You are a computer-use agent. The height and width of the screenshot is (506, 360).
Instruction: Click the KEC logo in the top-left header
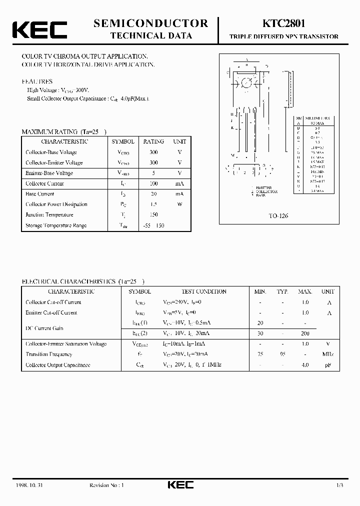coord(39,29)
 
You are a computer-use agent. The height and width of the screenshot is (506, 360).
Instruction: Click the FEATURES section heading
coord(37,81)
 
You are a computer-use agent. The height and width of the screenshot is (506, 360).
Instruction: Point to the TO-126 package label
coord(279,216)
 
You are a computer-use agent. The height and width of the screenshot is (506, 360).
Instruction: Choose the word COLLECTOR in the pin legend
coord(267,191)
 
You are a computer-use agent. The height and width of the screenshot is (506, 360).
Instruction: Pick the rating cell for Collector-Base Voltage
coord(153,152)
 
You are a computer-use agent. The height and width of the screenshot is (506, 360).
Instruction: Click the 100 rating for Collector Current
coord(153,183)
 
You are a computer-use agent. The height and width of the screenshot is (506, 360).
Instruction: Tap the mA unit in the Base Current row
coord(179,194)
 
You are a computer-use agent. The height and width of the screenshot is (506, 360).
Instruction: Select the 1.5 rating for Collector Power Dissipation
coord(153,204)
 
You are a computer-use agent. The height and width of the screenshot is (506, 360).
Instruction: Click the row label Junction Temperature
coord(49,215)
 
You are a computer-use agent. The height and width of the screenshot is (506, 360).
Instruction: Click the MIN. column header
coord(260,291)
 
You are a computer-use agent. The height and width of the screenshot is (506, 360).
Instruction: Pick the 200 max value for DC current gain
coord(305,333)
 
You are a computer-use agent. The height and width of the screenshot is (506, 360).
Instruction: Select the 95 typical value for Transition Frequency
coord(282,354)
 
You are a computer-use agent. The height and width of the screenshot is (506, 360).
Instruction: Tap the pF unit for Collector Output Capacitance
coord(327,365)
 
